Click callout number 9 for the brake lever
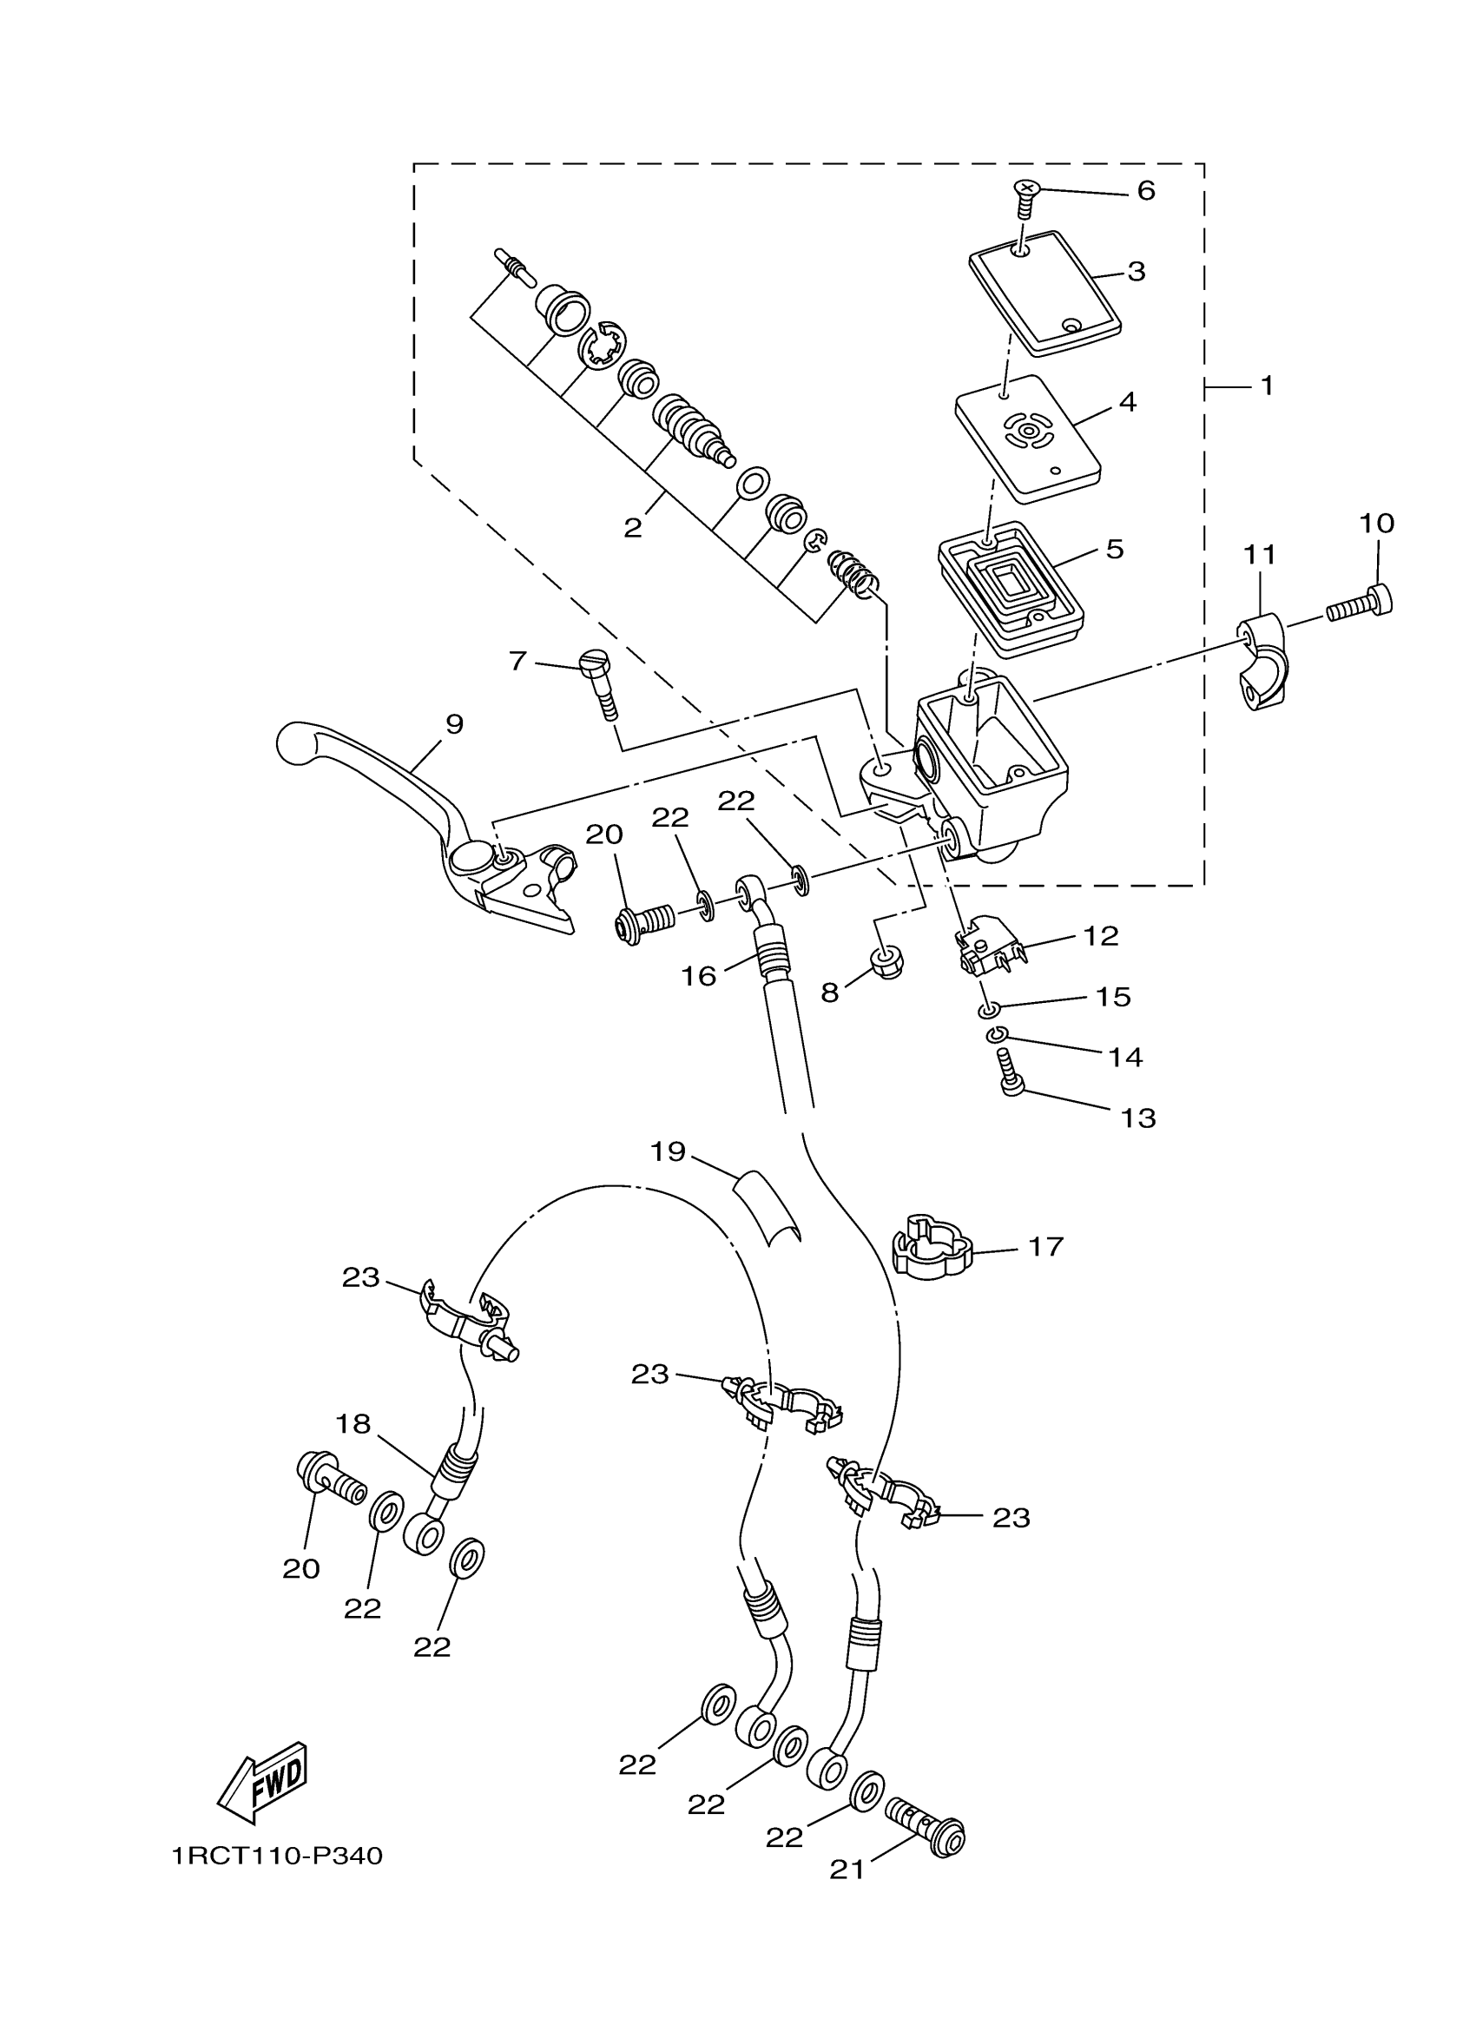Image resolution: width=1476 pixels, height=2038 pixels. (455, 723)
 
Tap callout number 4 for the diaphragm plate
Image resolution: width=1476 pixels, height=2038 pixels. (1128, 402)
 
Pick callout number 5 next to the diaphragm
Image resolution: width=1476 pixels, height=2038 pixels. (1115, 549)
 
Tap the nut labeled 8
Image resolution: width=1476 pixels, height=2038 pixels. (887, 963)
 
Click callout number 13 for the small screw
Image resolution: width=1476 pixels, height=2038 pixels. (1138, 1118)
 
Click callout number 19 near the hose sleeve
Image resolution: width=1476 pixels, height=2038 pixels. (669, 1151)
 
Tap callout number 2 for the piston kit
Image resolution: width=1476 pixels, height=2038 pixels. (633, 527)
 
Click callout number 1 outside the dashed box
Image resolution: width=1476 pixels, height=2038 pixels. (1267, 386)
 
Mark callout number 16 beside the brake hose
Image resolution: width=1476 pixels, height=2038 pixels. (698, 975)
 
